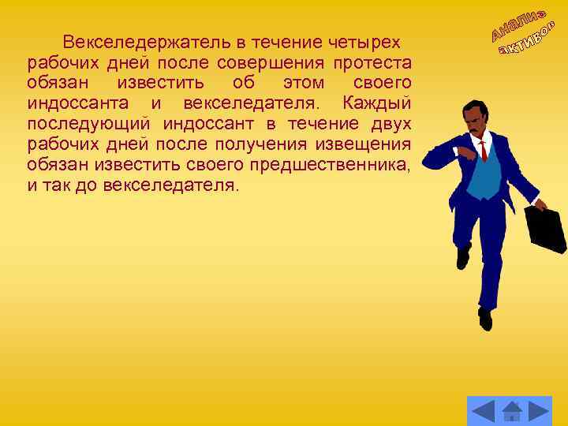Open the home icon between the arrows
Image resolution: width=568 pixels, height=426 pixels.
click(511, 411)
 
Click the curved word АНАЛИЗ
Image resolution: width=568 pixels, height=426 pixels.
click(517, 21)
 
